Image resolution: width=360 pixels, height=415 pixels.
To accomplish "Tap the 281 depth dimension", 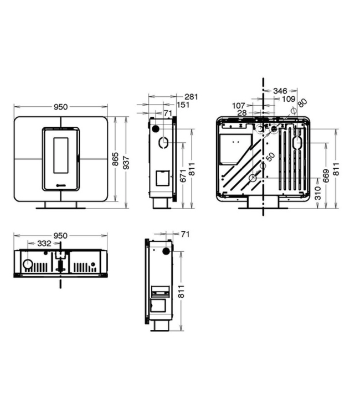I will click(191, 97).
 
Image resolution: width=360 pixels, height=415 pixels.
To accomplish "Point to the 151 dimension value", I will click(183, 105).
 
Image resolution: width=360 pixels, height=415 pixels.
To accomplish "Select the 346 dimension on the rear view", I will click(280, 90).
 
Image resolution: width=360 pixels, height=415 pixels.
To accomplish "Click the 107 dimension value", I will click(239, 105).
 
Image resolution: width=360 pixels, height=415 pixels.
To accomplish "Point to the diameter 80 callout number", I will click(302, 103).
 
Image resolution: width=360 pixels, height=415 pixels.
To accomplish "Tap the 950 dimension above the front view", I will click(61, 107).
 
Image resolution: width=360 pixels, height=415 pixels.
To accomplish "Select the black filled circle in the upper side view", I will click(157, 128).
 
